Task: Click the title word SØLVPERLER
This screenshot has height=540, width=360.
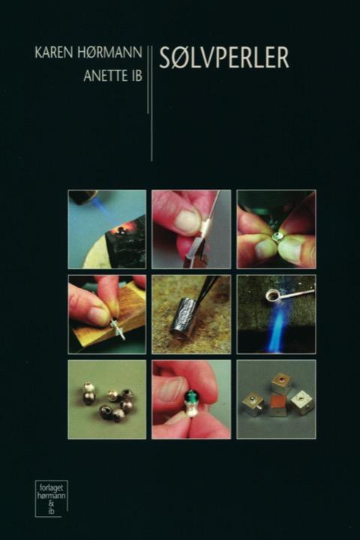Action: coord(224,58)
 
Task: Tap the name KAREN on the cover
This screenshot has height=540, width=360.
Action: coord(55,53)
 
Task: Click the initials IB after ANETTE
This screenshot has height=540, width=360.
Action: coord(135,76)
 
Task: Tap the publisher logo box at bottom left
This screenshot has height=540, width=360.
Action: coord(51,498)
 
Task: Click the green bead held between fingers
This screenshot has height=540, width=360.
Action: coord(190,396)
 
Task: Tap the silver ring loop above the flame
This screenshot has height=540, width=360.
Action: coord(274,295)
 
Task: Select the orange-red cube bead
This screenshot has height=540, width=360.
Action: coord(279,405)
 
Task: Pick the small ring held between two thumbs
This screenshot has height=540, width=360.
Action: coord(277,237)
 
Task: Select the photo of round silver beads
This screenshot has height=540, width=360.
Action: coord(107,400)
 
